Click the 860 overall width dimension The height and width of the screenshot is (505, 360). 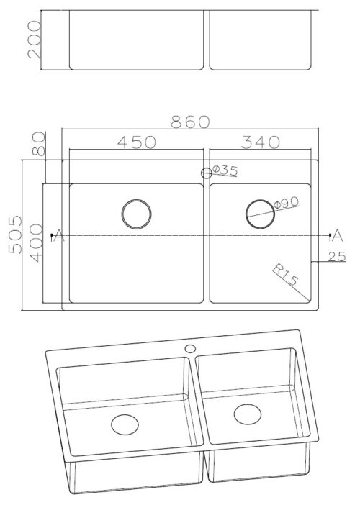pos(190,122)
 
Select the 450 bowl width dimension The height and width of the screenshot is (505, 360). pos(137,142)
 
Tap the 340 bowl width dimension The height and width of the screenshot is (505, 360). pos(261,142)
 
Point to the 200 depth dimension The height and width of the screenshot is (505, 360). pos(35,40)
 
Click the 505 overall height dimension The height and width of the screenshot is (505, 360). pos(15,235)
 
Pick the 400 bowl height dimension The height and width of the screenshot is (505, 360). pos(36,243)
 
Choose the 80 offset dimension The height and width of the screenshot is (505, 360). pos(39,144)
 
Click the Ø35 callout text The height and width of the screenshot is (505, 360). pos(225,170)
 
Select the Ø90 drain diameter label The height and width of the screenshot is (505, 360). pos(287,203)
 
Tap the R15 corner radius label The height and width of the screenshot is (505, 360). pos(286,275)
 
